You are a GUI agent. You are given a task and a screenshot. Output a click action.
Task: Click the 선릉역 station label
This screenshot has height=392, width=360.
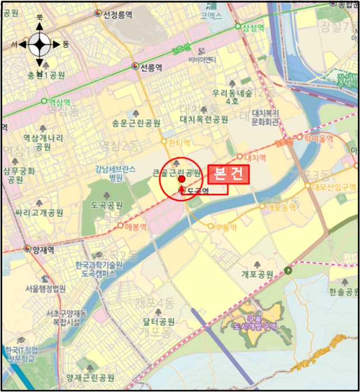[x=151, y=67]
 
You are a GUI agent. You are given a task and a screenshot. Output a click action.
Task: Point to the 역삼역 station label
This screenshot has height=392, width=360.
[x=59, y=102]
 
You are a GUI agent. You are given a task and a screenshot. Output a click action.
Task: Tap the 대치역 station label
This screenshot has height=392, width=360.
[x=254, y=157]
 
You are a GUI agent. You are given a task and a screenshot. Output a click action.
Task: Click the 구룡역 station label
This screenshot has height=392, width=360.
[x=226, y=227]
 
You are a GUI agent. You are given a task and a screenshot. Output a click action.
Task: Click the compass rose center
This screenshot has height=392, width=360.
[x=40, y=44]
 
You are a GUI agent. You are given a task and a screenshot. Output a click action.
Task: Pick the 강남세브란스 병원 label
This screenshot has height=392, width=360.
[x=116, y=174]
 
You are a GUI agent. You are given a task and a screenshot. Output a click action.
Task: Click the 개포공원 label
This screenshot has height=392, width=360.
[x=257, y=274]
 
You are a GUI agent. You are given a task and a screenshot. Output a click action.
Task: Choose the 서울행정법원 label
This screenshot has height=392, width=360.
[x=45, y=289]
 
